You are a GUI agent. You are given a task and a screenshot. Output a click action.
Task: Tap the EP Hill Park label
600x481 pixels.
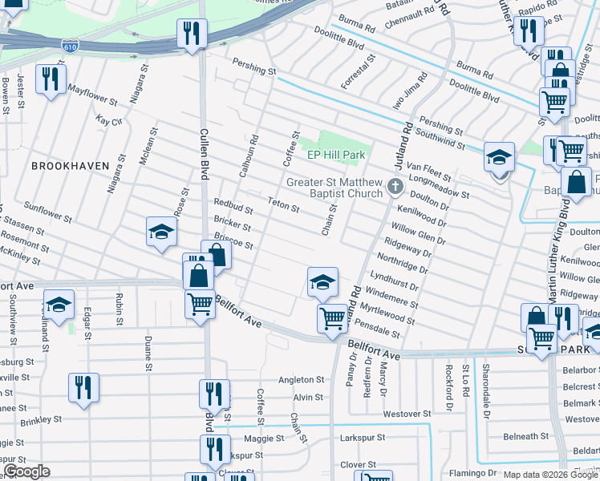tap(336, 155)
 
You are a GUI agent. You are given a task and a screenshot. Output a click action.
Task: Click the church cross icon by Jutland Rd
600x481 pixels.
tap(395, 187)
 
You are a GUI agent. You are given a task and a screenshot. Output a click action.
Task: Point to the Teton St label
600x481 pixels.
tap(283, 205)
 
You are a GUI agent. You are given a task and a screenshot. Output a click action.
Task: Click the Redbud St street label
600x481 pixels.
tap(233, 207)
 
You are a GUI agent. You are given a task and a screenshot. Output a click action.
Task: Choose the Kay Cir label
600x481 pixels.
tap(108, 121)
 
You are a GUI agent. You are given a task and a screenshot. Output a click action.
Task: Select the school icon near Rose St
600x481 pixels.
tap(161, 233)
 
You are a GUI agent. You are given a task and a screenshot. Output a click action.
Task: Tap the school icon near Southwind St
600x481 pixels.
tap(499, 157)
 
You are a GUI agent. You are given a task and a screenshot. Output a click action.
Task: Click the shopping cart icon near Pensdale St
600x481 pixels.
tap(331, 318)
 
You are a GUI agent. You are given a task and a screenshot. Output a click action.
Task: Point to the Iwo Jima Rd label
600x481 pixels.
tap(416, 92)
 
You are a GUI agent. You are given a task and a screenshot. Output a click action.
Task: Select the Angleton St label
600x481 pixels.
tap(300, 380)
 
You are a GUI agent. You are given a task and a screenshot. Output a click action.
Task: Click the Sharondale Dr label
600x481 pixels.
tap(485, 383)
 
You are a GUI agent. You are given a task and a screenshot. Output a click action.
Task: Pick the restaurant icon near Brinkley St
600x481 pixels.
tap(83, 387)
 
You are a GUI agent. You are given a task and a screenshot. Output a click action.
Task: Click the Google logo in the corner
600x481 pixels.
tap(26, 471)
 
